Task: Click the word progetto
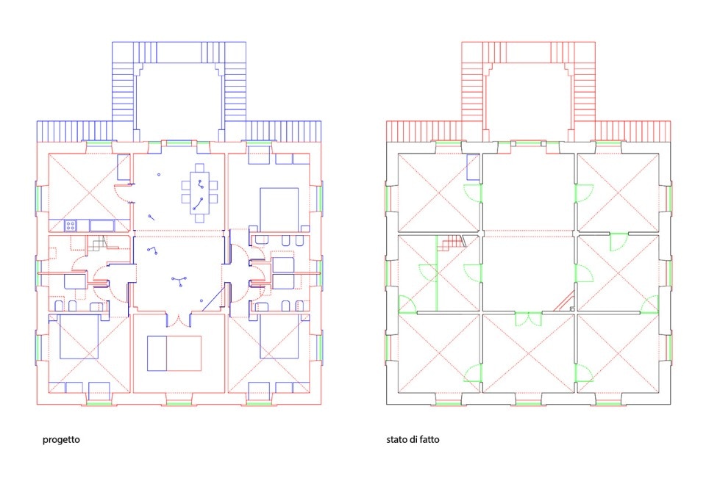tap(61, 439)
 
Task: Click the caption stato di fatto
tap(413, 439)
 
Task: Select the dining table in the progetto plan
tap(200, 193)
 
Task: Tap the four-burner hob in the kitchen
tap(70, 225)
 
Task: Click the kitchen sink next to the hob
tap(101, 225)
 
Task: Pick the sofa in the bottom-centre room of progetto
tap(174, 353)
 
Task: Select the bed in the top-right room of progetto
tap(279, 210)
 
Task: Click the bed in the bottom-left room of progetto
tap(79, 336)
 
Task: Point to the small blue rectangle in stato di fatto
tap(473, 167)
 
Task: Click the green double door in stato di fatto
tap(528, 319)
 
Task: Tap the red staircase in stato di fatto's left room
tap(453, 242)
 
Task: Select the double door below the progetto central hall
tap(179, 320)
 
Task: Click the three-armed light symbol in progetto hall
tap(179, 281)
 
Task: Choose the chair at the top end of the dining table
tap(200, 167)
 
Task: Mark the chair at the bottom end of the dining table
tap(200, 219)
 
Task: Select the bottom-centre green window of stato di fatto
tap(528, 403)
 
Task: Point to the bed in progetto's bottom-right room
tap(279, 336)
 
